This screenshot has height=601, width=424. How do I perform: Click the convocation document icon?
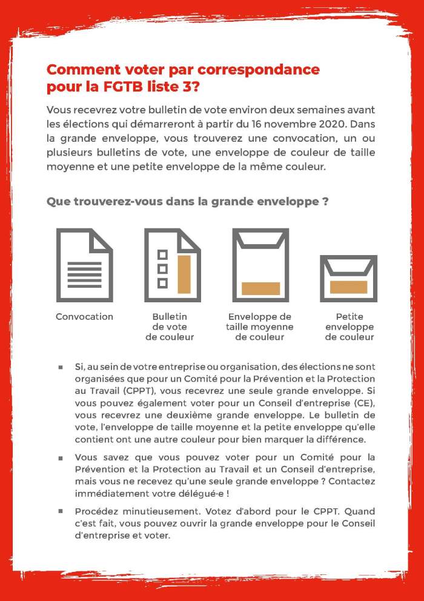click(84, 265)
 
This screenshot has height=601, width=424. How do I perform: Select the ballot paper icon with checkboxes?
click(172, 265)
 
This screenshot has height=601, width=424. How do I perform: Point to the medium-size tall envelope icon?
click(260, 265)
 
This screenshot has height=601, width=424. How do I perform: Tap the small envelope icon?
click(348, 279)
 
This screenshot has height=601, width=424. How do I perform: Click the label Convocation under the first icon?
click(84, 317)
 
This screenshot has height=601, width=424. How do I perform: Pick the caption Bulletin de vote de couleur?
click(170, 327)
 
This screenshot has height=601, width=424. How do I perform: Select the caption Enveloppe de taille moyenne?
click(260, 327)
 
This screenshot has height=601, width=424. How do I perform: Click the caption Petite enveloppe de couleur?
click(349, 327)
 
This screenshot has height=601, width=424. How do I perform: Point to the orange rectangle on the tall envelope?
click(260, 288)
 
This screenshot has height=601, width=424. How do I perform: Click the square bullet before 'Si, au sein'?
click(61, 367)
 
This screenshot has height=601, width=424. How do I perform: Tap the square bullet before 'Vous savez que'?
click(61, 457)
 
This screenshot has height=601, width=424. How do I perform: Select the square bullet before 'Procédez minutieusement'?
click(61, 511)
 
